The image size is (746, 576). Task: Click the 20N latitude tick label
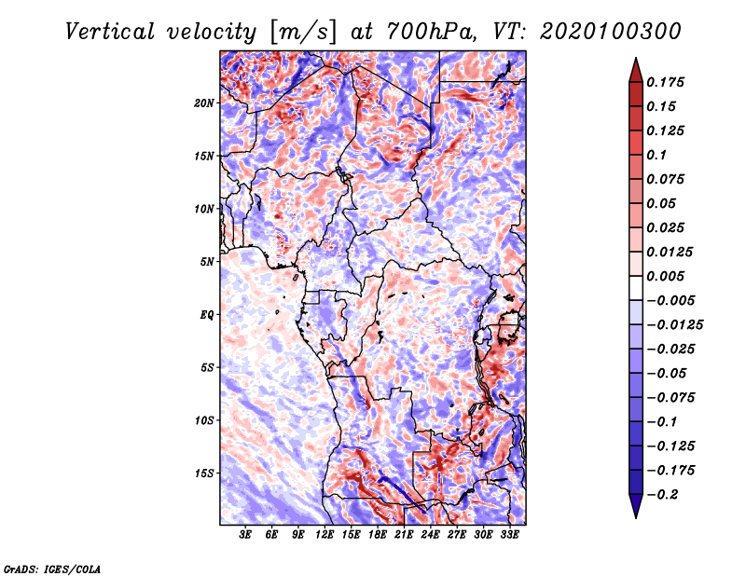[x=204, y=103]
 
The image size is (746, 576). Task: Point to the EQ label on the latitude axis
[x=207, y=315]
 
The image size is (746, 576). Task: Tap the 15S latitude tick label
[x=204, y=473]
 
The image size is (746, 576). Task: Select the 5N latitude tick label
[x=207, y=262]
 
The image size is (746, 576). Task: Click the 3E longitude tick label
[x=245, y=535]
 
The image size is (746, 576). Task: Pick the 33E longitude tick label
[x=509, y=535]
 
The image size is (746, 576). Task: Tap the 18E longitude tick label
[x=378, y=535]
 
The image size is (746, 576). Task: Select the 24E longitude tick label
[x=430, y=535]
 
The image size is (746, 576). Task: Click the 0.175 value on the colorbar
[x=665, y=82]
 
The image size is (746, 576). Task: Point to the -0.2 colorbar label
[x=662, y=495]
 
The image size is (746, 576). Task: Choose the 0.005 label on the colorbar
[x=665, y=276]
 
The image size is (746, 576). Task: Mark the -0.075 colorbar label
[x=670, y=398]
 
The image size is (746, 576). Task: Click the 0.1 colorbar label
[x=656, y=155]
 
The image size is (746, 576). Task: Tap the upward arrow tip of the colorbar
[x=636, y=59]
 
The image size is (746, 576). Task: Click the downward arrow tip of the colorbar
[x=636, y=517]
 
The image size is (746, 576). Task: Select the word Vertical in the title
[x=110, y=32]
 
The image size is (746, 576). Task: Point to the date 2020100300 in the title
[x=611, y=32]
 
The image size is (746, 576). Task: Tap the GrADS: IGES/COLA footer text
[x=52, y=569]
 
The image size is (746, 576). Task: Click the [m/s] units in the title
[x=303, y=32]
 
